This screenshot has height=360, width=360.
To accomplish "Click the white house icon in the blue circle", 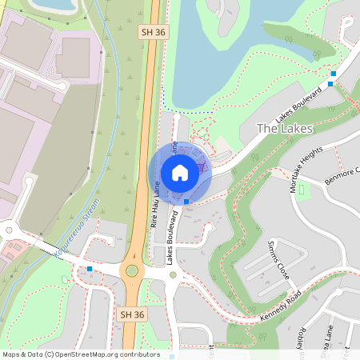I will (180, 173).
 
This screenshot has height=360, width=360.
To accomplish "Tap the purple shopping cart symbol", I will (201, 166).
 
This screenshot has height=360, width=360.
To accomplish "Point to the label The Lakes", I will (285, 128).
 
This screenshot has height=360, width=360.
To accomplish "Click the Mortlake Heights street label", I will (307, 169).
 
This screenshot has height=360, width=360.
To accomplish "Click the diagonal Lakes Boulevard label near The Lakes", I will (299, 106).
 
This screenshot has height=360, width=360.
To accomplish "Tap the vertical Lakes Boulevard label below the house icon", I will (170, 238).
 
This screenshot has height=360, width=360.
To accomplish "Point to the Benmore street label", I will (343, 174).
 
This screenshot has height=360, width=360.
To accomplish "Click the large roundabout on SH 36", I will (131, 272).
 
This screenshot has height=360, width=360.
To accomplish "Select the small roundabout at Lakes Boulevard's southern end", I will (174, 275).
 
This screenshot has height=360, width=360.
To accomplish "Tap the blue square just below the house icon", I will (186, 202).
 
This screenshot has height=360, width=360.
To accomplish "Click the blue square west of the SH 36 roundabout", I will (90, 269).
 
